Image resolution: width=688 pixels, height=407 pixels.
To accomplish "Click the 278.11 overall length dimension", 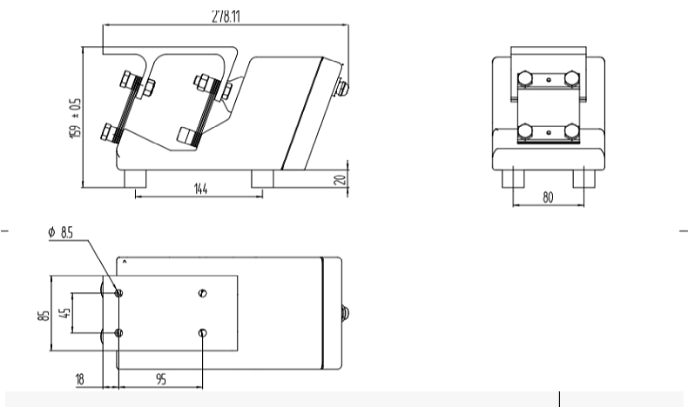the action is pos(226,17).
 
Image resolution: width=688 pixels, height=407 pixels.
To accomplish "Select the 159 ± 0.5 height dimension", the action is pos(76,117).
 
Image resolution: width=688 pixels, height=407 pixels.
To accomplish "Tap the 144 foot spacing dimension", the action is pos(200,189).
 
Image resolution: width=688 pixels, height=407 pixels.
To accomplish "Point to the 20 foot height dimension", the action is pos(340,179).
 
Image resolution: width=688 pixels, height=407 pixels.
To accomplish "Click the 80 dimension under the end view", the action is pos(548,197).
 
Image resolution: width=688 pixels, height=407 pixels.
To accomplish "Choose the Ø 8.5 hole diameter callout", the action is pos(61,232).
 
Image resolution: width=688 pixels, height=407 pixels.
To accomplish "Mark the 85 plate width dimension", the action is pos(44,316).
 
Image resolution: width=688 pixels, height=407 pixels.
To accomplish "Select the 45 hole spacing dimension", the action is pos(65,313).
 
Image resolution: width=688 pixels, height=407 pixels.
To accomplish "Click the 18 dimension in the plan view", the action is pos(79,379).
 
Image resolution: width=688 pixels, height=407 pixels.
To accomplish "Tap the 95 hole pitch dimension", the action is pos(161,379).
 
